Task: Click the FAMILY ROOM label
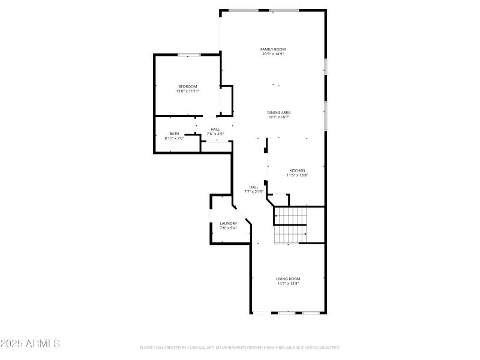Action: click(272, 49)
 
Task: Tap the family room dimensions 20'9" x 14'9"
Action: click(272, 54)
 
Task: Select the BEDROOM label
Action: click(187, 86)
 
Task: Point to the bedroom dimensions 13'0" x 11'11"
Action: click(187, 91)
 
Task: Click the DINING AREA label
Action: click(279, 112)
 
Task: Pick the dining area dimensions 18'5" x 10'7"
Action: click(279, 117)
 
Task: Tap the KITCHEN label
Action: click(298, 170)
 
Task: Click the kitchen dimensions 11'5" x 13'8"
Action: click(298, 175)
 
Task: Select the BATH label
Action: click(174, 134)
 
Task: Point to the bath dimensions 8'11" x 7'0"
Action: click(174, 139)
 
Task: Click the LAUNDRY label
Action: click(228, 223)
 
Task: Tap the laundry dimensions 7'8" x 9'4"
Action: click(228, 228)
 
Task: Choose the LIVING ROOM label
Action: click(288, 278)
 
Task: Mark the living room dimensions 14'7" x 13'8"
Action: click(288, 283)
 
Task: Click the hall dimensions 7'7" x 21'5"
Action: click(254, 191)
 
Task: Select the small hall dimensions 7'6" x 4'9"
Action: click(215, 133)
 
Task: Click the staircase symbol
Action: click(291, 225)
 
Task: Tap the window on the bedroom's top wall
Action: click(188, 55)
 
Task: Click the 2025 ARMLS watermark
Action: click(30, 344)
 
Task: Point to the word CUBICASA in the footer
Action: click(206, 347)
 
